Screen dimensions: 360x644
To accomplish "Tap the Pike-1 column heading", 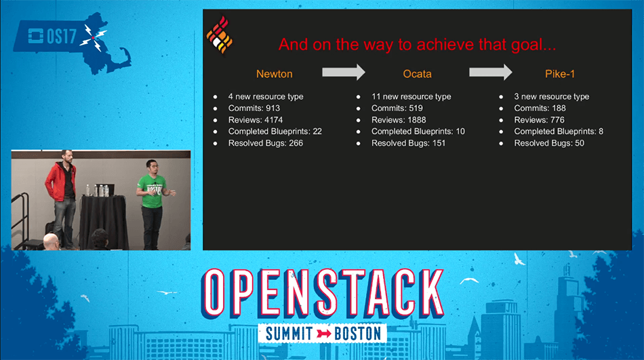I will point(561,74).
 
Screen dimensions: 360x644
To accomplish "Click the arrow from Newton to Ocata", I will point(343,73).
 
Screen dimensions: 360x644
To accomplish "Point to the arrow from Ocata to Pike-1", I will point(490,73).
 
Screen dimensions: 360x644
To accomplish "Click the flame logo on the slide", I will point(220,36).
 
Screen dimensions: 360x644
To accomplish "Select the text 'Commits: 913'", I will point(254,108).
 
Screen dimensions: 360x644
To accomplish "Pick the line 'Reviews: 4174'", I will point(256,120).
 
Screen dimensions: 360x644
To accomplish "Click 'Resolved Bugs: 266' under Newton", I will point(265,143).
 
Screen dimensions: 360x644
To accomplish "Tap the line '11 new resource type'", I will point(411,97).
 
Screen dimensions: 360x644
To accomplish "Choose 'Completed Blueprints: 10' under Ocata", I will point(418,132).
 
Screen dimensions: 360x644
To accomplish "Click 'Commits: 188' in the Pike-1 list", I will point(540,108).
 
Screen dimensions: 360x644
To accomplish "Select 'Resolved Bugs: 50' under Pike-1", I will point(548,143).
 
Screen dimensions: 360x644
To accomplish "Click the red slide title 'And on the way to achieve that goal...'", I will point(418,45).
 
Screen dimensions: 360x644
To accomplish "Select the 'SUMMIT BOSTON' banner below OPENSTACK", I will point(322,333).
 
